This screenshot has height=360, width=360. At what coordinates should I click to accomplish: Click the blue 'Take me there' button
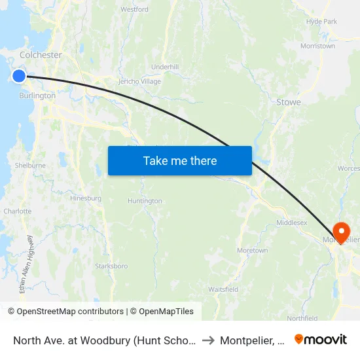coord(180,160)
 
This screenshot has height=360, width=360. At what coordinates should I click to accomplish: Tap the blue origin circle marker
coord(18,76)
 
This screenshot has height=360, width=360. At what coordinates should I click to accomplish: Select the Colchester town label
coord(41,55)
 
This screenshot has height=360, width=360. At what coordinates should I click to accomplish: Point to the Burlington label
coord(37,96)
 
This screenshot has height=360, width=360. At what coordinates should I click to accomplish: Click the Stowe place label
coord(288,102)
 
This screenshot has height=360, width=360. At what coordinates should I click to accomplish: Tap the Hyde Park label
coord(321,22)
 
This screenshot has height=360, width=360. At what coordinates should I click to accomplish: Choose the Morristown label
coord(317,46)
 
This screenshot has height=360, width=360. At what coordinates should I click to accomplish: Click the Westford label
coord(134,10)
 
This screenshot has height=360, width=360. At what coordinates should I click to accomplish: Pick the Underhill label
coord(164,67)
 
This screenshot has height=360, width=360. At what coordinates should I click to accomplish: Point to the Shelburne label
coord(30,166)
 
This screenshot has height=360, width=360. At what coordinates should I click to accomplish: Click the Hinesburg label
coord(85,198)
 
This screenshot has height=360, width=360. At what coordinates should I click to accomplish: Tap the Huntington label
coord(145,201)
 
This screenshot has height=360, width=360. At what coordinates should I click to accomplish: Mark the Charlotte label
coord(18,211)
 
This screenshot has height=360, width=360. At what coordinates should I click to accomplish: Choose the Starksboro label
coord(111,266)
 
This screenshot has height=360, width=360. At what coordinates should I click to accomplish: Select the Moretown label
coord(252,251)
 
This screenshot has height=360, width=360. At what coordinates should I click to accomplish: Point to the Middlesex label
coord(292,223)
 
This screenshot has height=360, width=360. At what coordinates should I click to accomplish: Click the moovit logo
coord(321,340)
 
